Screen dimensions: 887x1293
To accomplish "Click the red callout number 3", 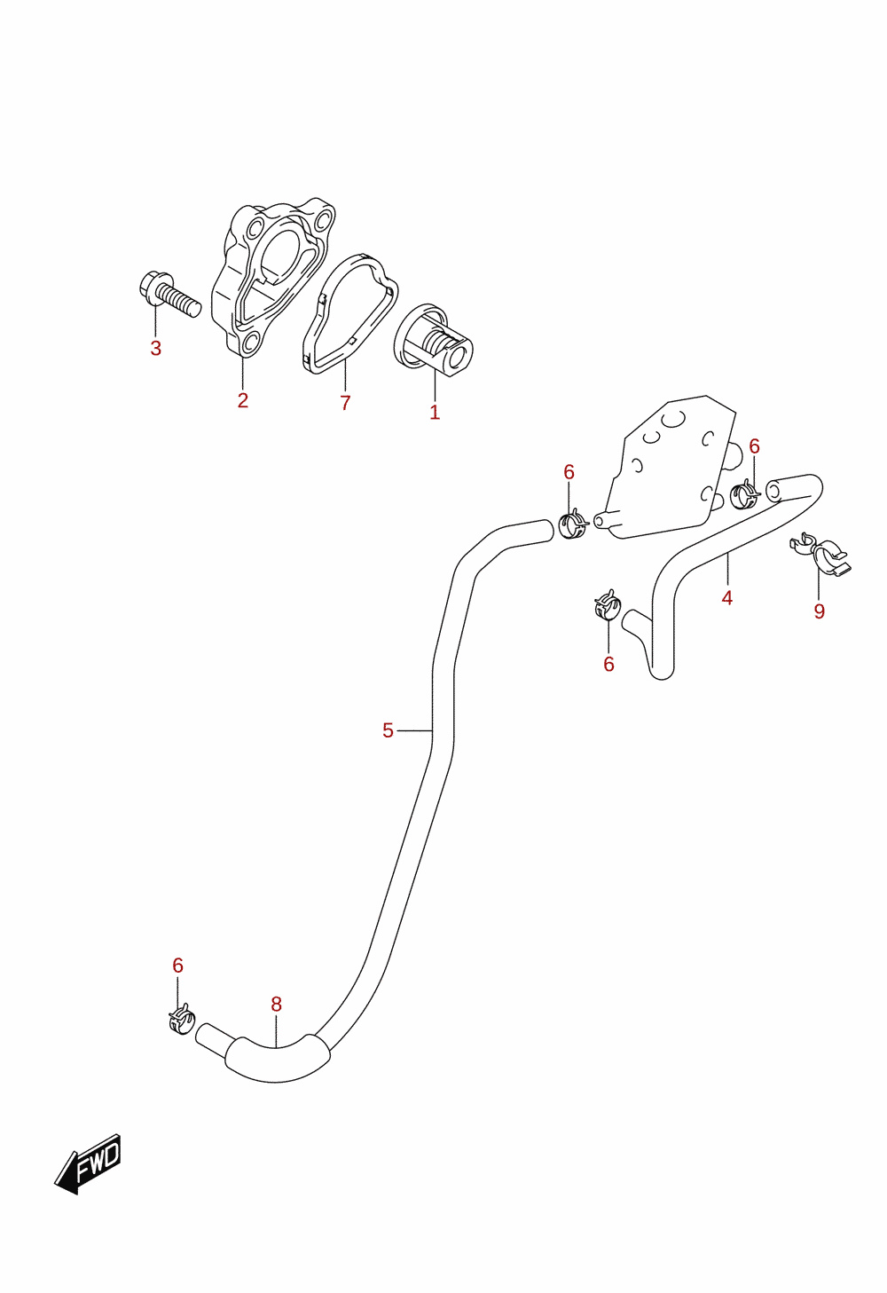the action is [x=156, y=349].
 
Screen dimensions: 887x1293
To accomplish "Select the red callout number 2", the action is [x=243, y=400].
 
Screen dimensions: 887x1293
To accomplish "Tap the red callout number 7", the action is [x=345, y=403].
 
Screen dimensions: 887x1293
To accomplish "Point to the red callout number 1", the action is [x=435, y=412].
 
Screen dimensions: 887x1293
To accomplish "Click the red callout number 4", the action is [x=727, y=598].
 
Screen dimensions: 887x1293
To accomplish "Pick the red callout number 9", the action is [x=820, y=611].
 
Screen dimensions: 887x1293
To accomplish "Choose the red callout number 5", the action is [x=388, y=730].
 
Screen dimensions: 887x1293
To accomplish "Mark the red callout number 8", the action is [x=277, y=1005].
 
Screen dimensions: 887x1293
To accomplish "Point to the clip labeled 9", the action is [x=821, y=553].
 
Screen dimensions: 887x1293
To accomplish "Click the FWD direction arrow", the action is [x=88, y=1164].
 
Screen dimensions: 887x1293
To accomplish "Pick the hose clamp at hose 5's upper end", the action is [x=572, y=524].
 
